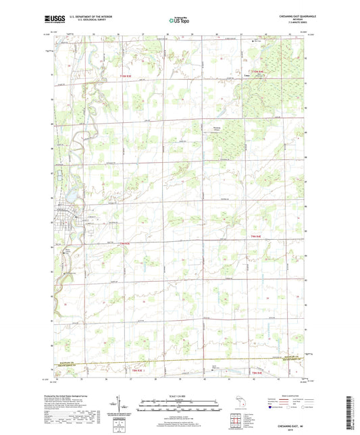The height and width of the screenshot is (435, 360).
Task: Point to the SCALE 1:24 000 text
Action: (x=179, y=396)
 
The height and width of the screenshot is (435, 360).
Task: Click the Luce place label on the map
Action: (x=247, y=76)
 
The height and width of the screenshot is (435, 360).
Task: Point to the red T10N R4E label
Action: (x=255, y=71)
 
